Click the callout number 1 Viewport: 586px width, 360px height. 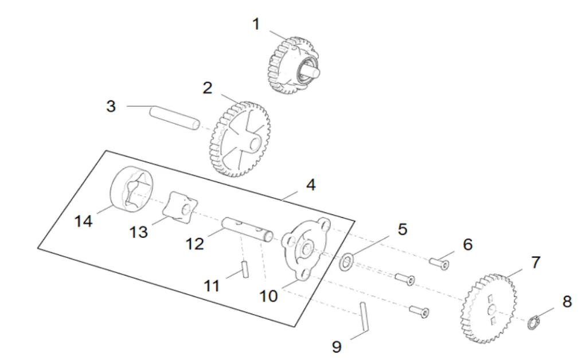256,24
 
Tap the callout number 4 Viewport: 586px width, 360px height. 310,185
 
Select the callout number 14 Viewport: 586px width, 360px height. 84,221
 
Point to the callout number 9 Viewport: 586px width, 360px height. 337,346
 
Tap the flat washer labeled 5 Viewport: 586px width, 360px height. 346,263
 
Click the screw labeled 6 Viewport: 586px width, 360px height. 440,264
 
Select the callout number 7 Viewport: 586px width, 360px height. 535,263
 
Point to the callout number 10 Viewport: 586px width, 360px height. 268,296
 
